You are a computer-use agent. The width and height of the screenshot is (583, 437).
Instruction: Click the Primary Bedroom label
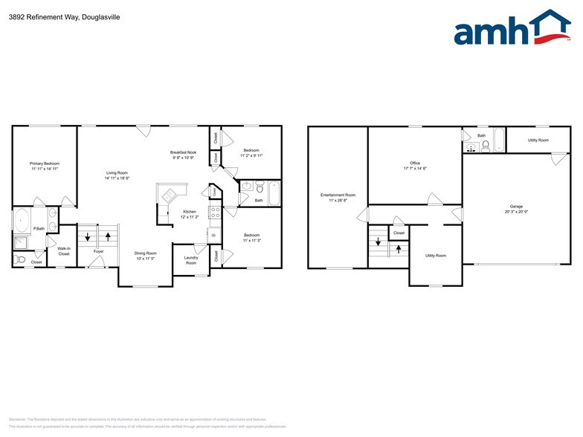click(x=45, y=164)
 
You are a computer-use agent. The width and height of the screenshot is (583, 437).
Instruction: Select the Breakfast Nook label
click(x=183, y=152)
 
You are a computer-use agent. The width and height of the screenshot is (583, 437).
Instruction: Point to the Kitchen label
click(x=190, y=212)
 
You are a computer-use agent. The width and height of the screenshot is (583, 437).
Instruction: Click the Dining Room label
click(x=145, y=253)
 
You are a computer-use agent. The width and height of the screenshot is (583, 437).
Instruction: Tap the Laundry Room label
click(x=191, y=260)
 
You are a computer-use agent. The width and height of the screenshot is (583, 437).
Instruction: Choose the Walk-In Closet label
click(x=64, y=252)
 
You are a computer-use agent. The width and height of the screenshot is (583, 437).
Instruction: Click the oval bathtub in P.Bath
click(x=20, y=221)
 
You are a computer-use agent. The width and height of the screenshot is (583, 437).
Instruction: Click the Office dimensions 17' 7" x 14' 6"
click(x=415, y=169)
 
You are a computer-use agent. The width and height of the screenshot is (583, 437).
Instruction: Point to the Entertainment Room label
click(x=338, y=195)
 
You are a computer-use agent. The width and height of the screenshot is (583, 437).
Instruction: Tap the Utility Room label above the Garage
click(x=538, y=140)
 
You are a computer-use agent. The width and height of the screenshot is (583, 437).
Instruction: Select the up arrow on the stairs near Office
click(x=399, y=247)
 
